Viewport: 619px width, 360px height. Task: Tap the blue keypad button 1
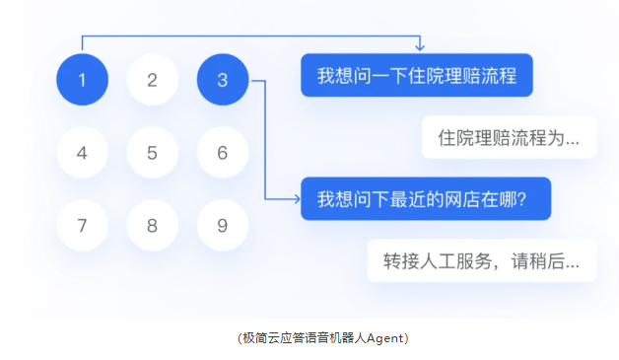coord(82,80)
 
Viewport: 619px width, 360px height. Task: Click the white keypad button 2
coord(153,80)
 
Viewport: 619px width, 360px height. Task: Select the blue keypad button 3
coord(223,80)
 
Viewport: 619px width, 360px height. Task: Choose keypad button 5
coord(153,153)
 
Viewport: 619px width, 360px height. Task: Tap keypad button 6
coord(223,153)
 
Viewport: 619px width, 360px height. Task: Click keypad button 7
coord(82,225)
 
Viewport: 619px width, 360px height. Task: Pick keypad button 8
coord(153,225)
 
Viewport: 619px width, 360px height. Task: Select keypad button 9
coord(223,225)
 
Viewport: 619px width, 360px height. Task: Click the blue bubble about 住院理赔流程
coord(417,75)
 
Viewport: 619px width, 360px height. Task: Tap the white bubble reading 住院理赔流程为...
coord(509,137)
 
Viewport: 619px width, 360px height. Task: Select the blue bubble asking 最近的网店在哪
coord(426,198)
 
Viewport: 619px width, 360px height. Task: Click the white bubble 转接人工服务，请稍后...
coord(482,260)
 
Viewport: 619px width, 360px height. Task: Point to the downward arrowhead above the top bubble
coord(420,47)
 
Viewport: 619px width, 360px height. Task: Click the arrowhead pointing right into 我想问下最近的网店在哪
coord(297,199)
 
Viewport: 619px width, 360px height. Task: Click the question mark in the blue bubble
coord(521,199)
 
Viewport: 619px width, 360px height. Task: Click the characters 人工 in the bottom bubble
coord(438,261)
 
